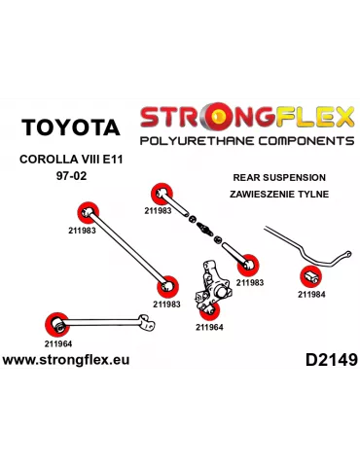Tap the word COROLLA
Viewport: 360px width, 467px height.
pos(46,160)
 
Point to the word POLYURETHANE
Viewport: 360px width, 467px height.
pos(191,141)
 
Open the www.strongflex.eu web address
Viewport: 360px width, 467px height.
pos(65,360)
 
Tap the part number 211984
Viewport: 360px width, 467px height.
pos(312,294)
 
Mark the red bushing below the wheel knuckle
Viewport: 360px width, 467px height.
pos(207,310)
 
